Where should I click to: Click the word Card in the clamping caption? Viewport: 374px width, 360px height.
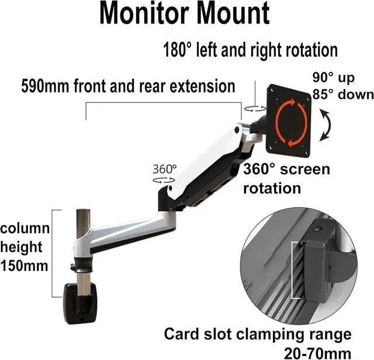(x=181, y=334)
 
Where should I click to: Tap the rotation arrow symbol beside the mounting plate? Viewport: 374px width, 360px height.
(x=253, y=108)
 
